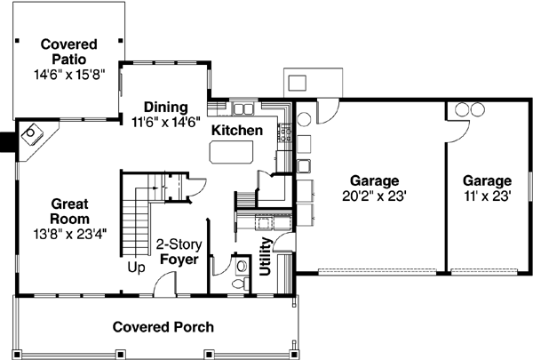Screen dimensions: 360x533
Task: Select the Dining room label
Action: click(165, 106)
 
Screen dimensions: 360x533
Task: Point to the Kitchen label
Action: click(236, 131)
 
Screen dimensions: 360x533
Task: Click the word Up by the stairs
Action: click(136, 266)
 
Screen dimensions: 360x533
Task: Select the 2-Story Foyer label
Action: click(178, 252)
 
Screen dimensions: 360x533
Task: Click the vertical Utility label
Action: click(265, 256)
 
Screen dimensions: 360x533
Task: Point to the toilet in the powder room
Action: click(238, 278)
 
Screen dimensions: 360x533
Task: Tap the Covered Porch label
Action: click(163, 326)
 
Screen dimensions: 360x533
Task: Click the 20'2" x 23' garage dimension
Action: click(373, 196)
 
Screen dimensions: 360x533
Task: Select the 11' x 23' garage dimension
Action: click(487, 196)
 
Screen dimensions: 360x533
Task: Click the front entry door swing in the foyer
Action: click(163, 282)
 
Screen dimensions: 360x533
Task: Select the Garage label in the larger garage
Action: click(373, 180)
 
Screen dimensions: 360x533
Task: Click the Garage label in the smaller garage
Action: click(487, 180)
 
